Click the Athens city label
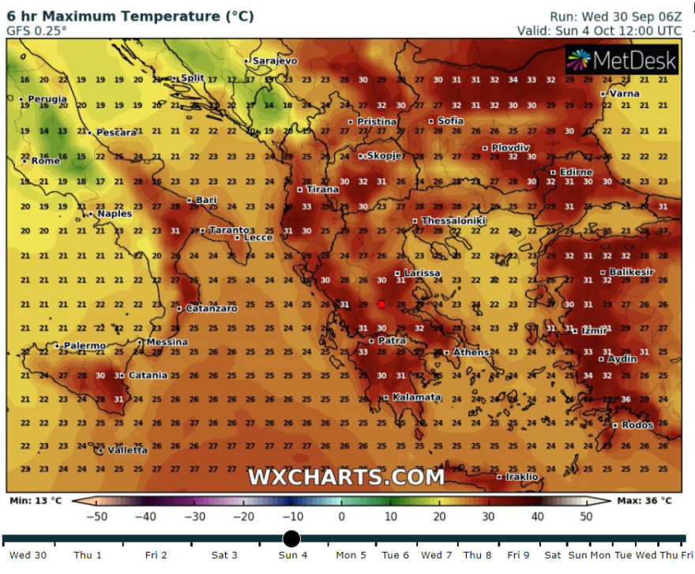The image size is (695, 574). pos(471,352)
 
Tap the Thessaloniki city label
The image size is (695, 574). pos(453,221)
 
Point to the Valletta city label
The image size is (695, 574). pos(126,450)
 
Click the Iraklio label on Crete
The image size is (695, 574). pos(521,477)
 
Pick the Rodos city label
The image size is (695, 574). pos(637,426)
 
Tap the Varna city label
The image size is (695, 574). pos(624,93)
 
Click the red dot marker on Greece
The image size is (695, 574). pos(381,304)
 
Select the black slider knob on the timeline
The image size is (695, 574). pos(291,538)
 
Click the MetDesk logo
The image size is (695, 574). pos(622,60)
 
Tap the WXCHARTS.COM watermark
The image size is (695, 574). pos(346,477)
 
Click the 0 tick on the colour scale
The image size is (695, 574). pos(341,516)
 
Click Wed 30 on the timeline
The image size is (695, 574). pos(28,555)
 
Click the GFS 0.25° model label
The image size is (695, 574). pos(37,31)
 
